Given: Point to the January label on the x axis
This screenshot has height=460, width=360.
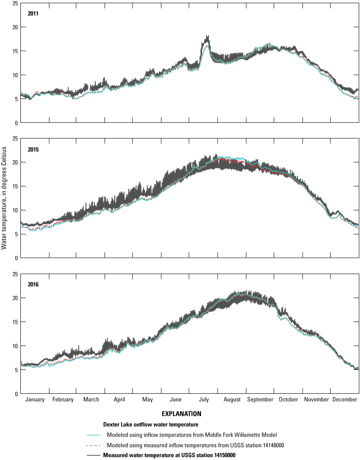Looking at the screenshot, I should (35, 400).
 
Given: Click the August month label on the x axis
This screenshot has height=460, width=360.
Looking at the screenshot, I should (232, 400).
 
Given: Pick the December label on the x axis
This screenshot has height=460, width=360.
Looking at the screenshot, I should (345, 400).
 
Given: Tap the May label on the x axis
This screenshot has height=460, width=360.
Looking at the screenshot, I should (147, 400).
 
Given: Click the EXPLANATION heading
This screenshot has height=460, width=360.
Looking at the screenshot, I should (181, 413).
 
